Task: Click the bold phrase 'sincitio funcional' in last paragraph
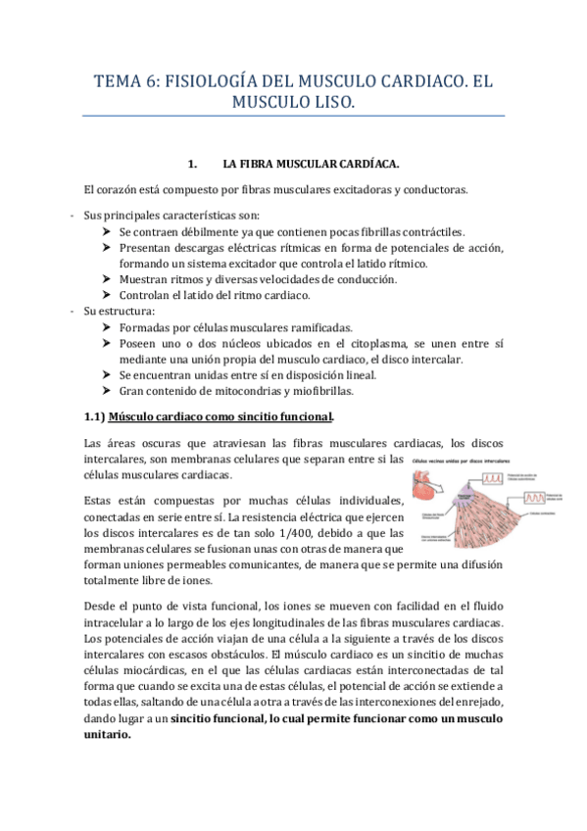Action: pos(217,719)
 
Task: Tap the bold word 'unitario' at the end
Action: pos(105,735)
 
